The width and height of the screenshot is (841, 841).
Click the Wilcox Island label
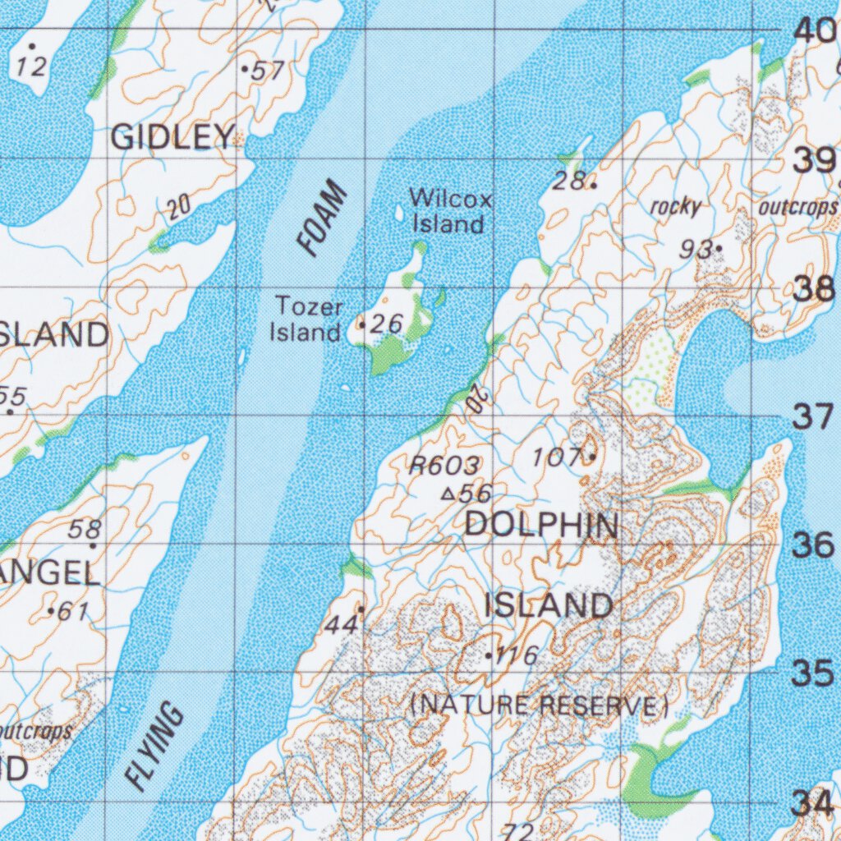(450, 211)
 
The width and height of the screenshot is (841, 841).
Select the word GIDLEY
(172, 137)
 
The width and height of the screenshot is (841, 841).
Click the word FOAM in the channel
(323, 221)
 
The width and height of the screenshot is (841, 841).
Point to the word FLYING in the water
(156, 747)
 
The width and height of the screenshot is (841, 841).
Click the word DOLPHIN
(541, 526)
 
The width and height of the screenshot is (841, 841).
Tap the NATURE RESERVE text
(539, 705)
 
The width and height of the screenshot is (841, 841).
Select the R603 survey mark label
(444, 466)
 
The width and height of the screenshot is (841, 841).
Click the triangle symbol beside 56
(448, 494)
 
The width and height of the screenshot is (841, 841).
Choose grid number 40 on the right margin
(814, 31)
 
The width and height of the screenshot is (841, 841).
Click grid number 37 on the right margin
(814, 417)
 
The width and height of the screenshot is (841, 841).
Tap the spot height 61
(70, 611)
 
